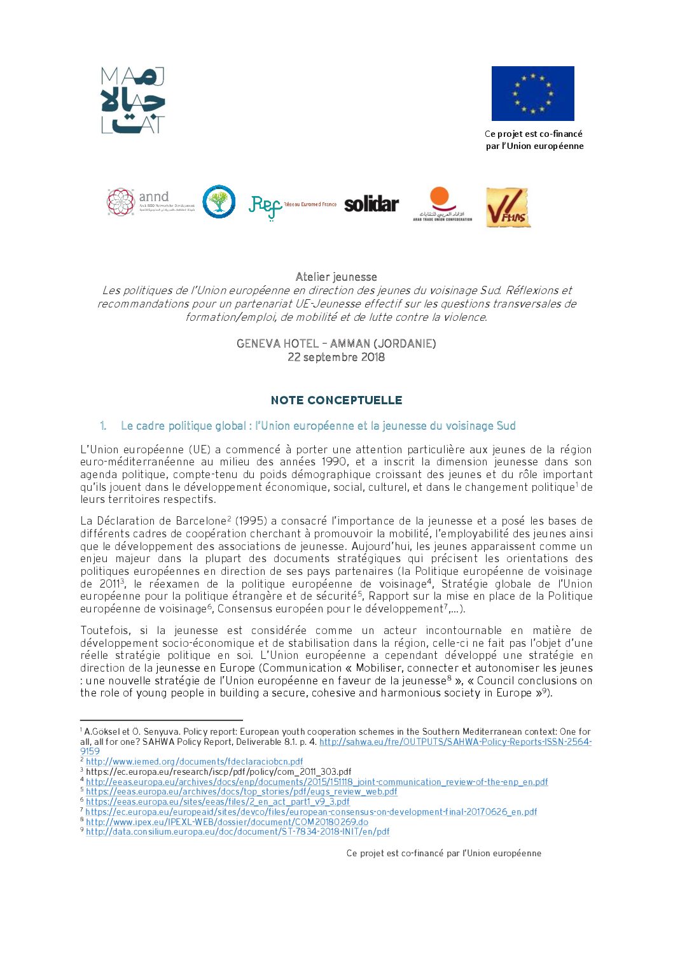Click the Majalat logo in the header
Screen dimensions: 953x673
click(x=133, y=101)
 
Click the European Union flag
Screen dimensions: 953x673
click(x=532, y=94)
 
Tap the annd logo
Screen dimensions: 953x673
click(x=150, y=202)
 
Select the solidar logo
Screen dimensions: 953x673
click(x=371, y=204)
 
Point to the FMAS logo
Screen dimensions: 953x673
click(x=508, y=208)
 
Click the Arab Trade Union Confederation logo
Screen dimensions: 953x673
click(x=442, y=204)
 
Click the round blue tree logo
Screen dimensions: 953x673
click(x=219, y=202)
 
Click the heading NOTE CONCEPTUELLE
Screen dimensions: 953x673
click(x=336, y=400)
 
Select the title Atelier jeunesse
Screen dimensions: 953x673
click(x=336, y=277)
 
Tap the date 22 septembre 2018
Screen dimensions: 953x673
click(x=336, y=357)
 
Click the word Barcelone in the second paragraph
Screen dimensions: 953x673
click(x=201, y=521)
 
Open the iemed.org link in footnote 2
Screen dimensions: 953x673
click(x=195, y=761)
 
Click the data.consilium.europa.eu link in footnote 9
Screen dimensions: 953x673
click(x=238, y=831)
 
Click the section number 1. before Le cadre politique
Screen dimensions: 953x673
click(x=103, y=426)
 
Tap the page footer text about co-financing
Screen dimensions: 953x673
click(x=444, y=853)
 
